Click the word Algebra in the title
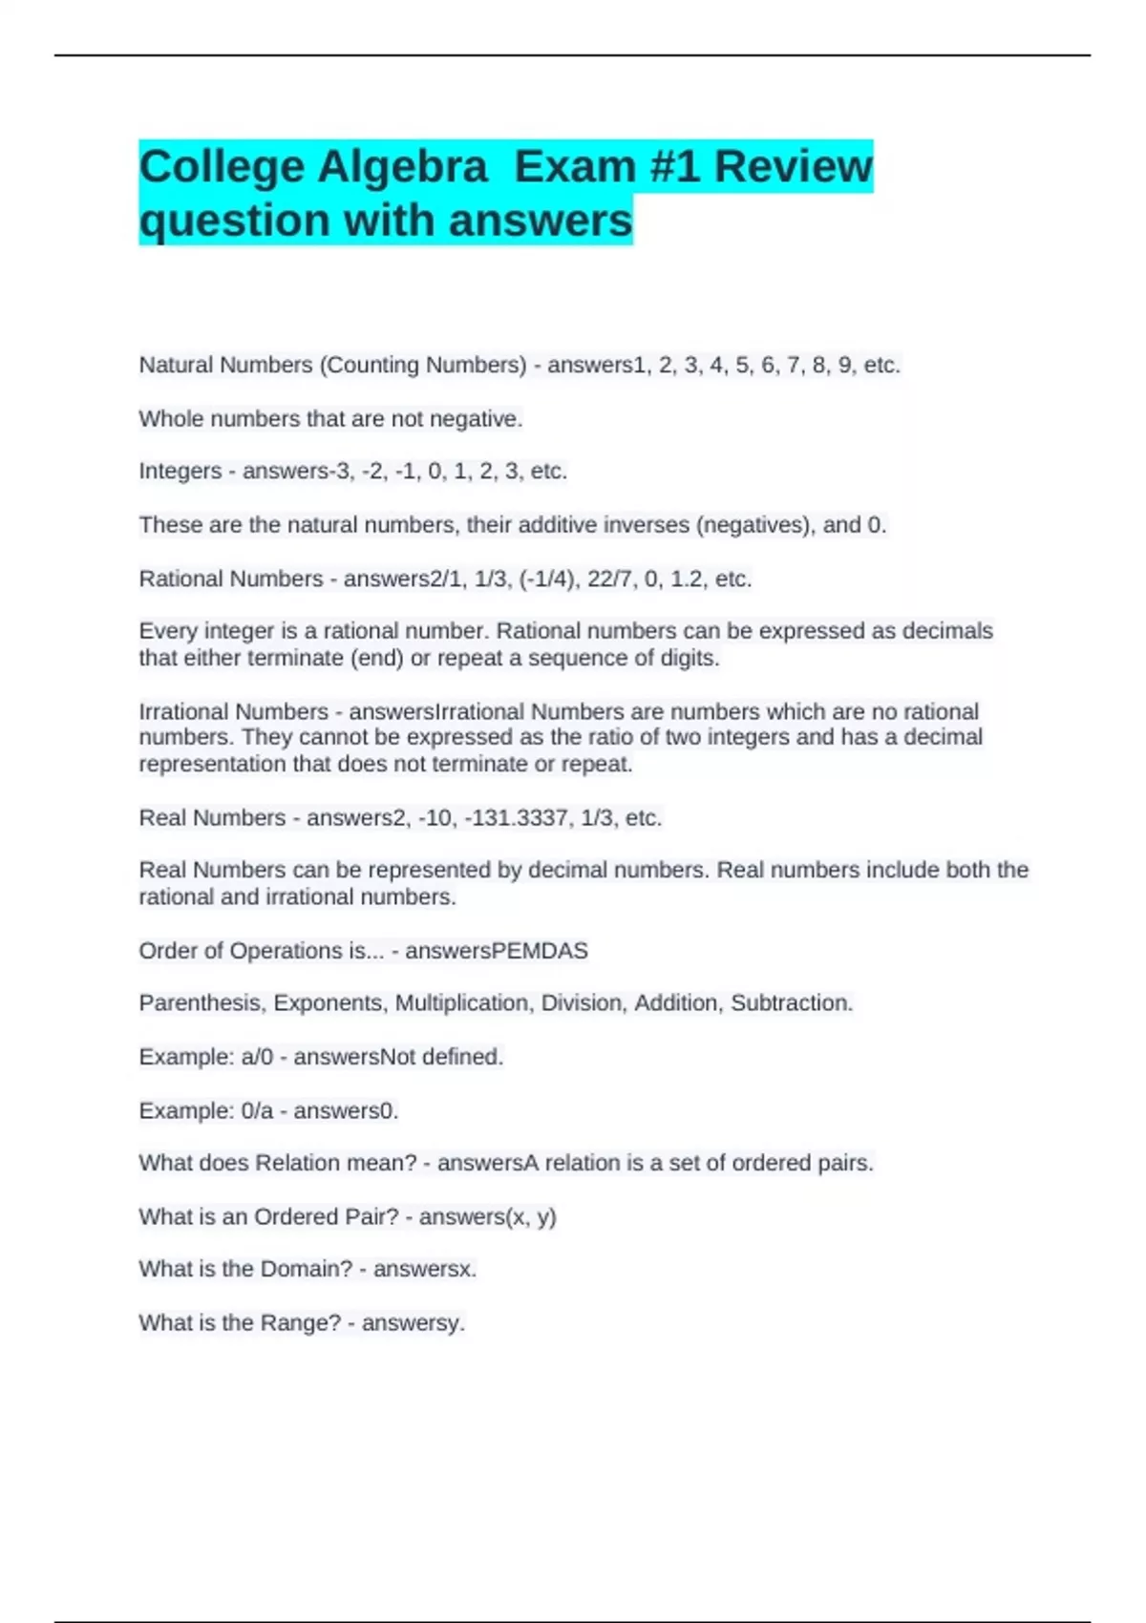point(402,167)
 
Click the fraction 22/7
point(610,579)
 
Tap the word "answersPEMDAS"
point(497,951)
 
